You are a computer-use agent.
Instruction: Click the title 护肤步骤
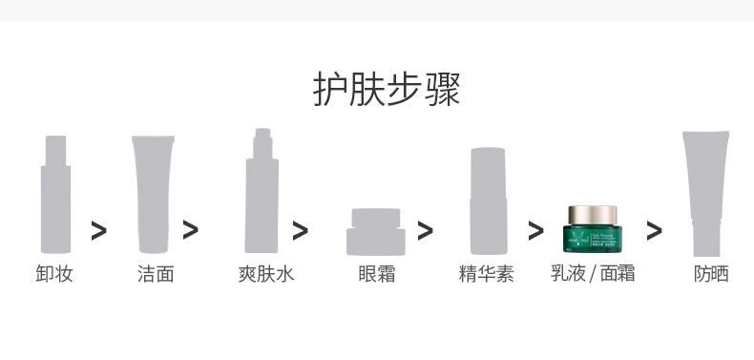tap(387, 91)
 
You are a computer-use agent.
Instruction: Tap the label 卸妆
tap(54, 275)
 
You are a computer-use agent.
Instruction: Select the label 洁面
tap(156, 275)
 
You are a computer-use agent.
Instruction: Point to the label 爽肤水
tap(266, 275)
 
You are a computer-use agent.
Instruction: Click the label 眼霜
tap(376, 275)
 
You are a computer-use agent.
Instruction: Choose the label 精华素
tap(487, 275)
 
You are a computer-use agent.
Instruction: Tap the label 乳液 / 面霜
tap(593, 275)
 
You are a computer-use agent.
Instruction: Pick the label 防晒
tap(711, 275)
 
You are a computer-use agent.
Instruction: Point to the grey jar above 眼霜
tap(375, 232)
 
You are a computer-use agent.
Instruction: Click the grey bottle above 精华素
tap(486, 201)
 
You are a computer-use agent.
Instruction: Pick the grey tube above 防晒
tap(706, 191)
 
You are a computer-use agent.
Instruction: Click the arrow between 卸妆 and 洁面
tap(98, 230)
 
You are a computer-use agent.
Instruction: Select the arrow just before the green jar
tap(535, 230)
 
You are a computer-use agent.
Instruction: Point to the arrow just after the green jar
tap(654, 230)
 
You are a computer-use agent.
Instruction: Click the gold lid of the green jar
tap(593, 212)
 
